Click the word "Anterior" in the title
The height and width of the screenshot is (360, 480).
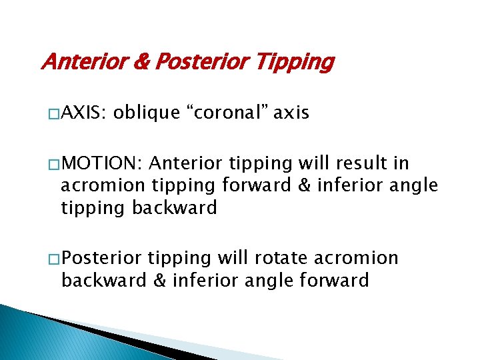tap(79, 63)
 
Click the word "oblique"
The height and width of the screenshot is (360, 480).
tap(143, 113)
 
